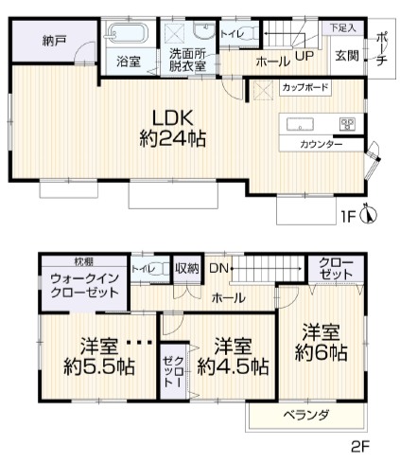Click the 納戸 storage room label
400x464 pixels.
tap(52, 41)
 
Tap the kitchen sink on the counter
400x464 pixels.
tap(301, 123)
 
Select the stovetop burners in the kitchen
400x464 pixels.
tap(347, 123)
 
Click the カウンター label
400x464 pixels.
tap(322, 144)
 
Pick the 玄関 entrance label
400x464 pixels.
tap(344, 56)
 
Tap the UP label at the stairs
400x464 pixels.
tap(304, 56)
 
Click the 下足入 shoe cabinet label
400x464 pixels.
tap(342, 30)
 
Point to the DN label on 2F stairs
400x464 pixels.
tap(217, 268)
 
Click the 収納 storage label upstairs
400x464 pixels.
tap(186, 268)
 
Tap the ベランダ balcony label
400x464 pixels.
tap(306, 415)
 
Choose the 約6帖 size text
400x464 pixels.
tap(321, 352)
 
